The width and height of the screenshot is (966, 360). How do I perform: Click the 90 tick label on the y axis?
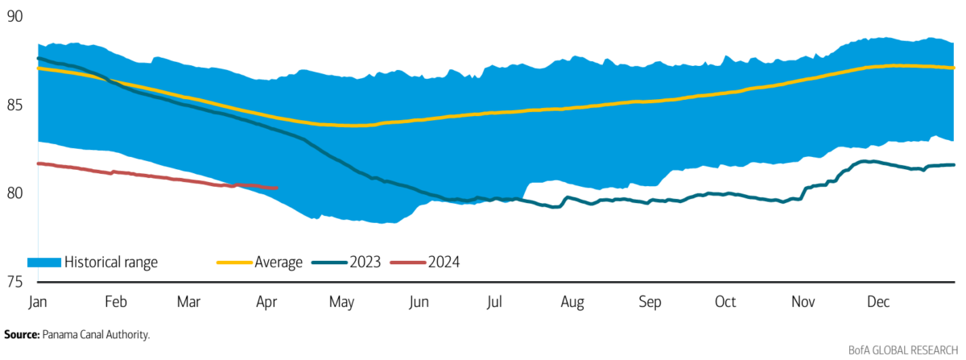14,17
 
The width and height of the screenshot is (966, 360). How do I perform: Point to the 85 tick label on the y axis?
14,106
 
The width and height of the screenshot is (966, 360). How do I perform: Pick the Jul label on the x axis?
493,302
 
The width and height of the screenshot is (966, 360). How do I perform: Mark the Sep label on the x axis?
649,302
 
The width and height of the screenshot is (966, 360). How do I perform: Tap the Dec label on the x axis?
877,302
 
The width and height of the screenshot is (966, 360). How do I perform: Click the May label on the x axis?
341,302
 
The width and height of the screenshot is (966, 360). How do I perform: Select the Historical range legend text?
111,262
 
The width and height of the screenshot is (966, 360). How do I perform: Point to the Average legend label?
279,262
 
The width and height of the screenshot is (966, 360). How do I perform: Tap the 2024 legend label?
444,262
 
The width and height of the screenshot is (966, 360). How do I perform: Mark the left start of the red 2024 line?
39,163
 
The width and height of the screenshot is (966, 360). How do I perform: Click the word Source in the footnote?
20,333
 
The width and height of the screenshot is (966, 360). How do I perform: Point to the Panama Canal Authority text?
97,333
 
